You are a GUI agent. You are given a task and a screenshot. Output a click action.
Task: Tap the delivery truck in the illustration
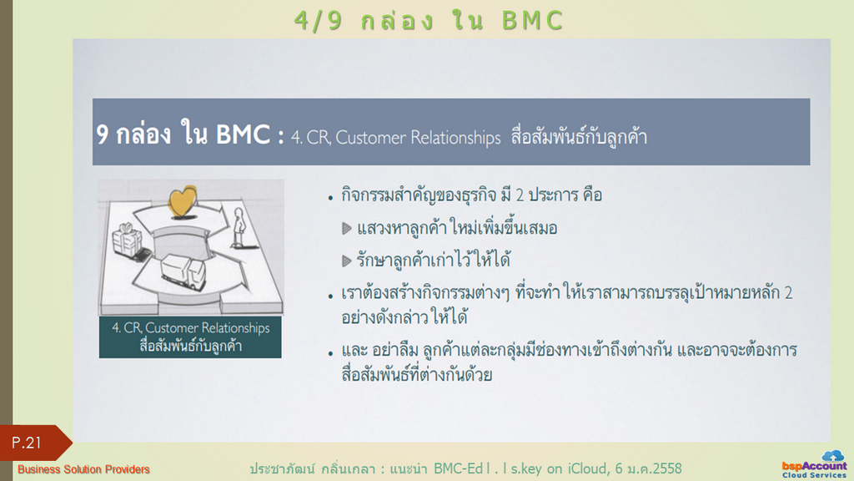click(183, 271)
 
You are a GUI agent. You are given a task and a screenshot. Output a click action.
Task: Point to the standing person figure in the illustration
click(239, 227)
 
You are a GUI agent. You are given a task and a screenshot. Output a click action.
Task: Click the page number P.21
click(26, 443)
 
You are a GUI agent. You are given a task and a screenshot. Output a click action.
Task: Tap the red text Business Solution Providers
click(83, 469)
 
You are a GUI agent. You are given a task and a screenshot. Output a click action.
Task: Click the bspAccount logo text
click(814, 466)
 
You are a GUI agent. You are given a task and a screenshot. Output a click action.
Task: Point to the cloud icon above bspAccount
click(833, 455)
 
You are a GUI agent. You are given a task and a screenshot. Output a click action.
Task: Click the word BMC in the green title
click(532, 21)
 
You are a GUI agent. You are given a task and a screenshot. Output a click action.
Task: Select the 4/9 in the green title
click(318, 21)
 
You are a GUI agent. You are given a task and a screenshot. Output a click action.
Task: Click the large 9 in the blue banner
click(102, 134)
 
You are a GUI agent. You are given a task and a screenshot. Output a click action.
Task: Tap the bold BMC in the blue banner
click(243, 134)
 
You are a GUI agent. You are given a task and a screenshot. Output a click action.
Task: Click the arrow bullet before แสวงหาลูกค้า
click(346, 229)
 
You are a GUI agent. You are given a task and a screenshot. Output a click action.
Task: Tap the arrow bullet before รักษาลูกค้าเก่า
click(346, 261)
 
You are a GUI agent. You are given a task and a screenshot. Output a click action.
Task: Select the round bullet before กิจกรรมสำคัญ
click(330, 199)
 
